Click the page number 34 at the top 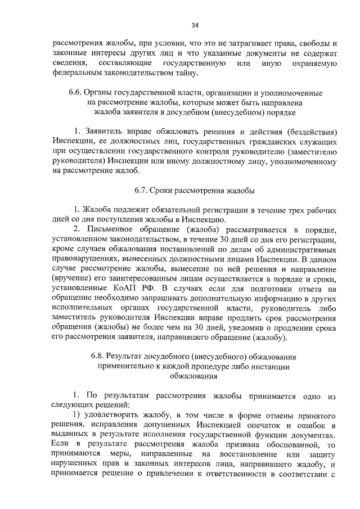195,25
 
